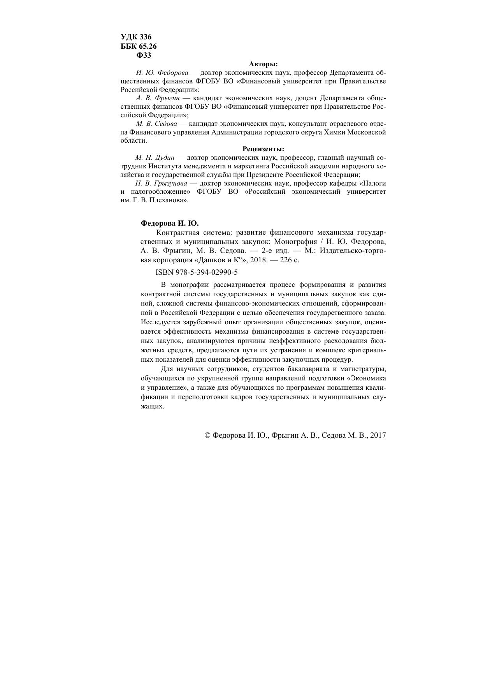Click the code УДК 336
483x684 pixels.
(136, 37)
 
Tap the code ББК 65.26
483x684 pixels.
(139, 46)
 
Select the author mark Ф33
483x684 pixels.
(144, 55)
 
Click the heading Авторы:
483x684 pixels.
(263, 64)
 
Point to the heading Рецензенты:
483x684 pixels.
(263, 149)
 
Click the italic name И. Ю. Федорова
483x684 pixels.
(162, 73)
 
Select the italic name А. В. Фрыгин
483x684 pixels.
(158, 98)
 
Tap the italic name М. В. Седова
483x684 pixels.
(156, 124)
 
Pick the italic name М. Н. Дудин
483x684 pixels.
(155, 158)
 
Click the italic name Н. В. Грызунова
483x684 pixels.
(161, 183)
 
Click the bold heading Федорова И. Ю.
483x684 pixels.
(169, 223)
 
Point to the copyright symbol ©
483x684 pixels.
(207, 435)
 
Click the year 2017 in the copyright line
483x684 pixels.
(378, 435)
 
